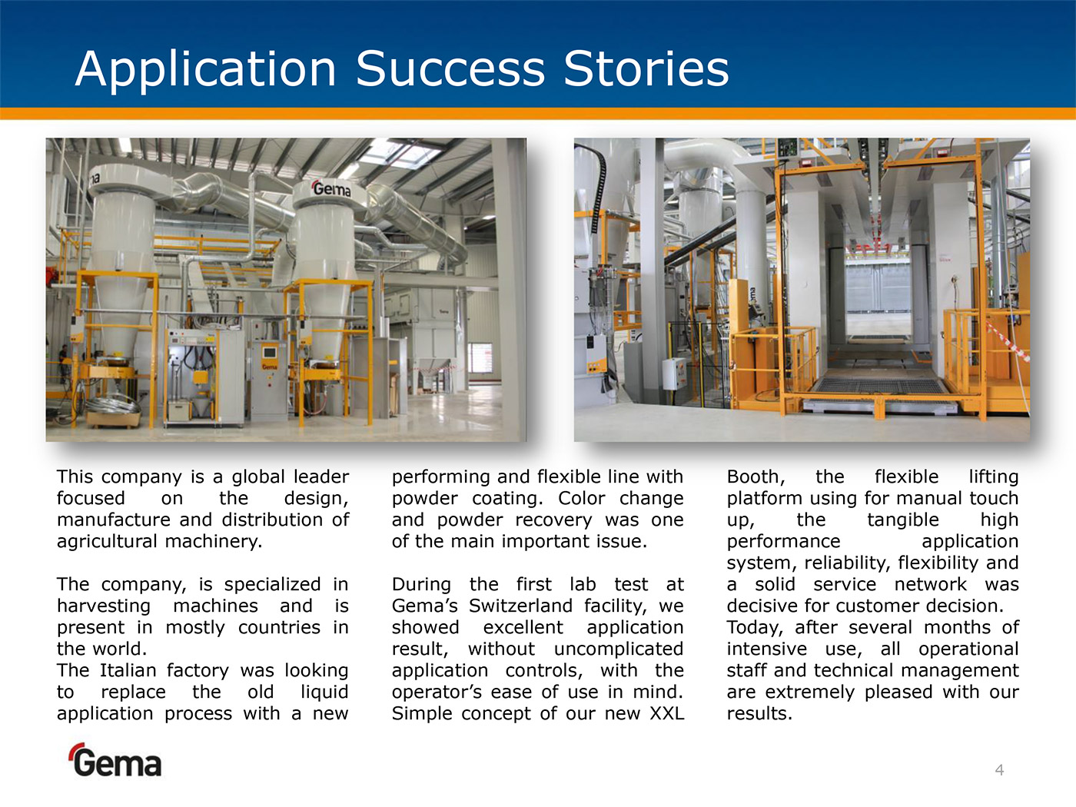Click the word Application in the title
tap(205, 70)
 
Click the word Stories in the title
tap(646, 68)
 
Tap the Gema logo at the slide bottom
tap(115, 760)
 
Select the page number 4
tap(999, 770)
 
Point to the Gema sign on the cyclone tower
tap(331, 188)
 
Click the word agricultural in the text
tap(106, 541)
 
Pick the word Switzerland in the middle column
tap(520, 606)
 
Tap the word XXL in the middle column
tap(666, 713)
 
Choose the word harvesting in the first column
tap(104, 606)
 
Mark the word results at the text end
tap(759, 713)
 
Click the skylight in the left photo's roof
tap(400, 153)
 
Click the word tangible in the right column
tap(902, 520)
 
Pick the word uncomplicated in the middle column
tap(619, 649)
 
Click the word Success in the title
tap(450, 68)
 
